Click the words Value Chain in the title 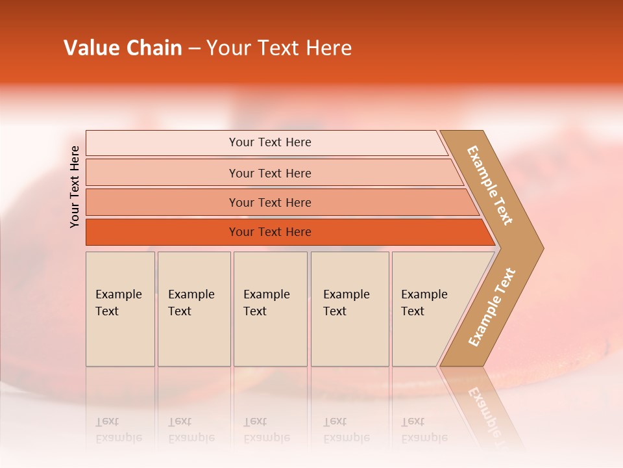point(123,48)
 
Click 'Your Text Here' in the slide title point(279,48)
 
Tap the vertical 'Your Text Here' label point(75,187)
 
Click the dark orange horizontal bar point(162,232)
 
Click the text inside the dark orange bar point(270,232)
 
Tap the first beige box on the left point(120,309)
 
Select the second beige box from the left point(194,309)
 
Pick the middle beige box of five point(270,309)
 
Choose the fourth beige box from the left point(350,309)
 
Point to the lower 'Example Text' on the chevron point(492,307)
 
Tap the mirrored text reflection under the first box point(118,430)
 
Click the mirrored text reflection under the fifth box point(424,430)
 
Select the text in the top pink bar point(270,142)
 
